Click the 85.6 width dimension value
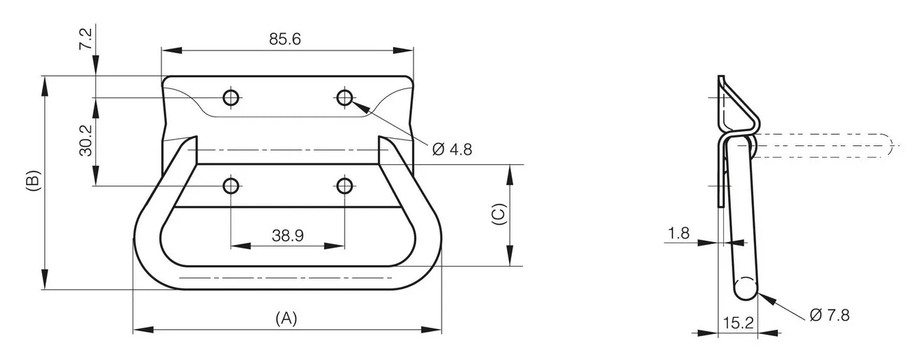tap(284, 39)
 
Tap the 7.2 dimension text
tap(86, 39)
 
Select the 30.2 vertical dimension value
tap(86, 140)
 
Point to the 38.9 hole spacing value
tap(287, 236)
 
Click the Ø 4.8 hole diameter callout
tap(452, 149)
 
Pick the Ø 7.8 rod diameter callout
tap(829, 315)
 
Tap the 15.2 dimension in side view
tap(739, 323)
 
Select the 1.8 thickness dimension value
tap(679, 233)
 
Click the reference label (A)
tap(286, 319)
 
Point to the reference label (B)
tap(34, 180)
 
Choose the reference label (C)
tap(499, 214)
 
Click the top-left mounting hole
tap(231, 98)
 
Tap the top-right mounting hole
tap(345, 98)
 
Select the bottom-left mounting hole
tap(231, 186)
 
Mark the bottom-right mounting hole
tap(345, 186)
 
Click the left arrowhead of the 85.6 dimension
tap(171, 51)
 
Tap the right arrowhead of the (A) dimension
tap(432, 330)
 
